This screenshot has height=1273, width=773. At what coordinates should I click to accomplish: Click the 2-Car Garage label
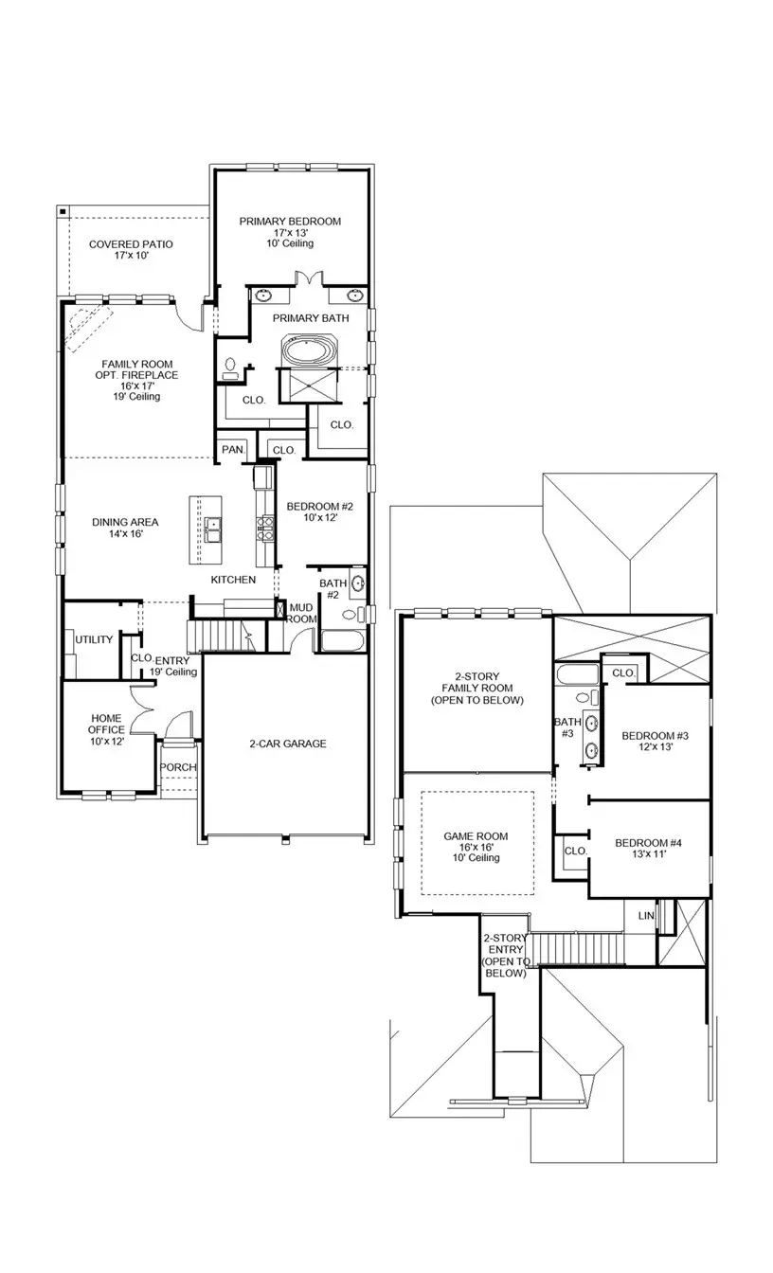coord(288,744)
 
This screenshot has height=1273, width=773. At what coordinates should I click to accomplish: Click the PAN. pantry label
coord(232,450)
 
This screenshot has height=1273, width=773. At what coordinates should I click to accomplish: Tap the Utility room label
coord(94,639)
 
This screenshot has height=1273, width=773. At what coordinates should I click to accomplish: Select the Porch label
coord(177,767)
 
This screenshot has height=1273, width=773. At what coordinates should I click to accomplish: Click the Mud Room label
coord(301,613)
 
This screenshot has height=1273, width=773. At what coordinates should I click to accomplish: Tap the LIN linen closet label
coord(646,916)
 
